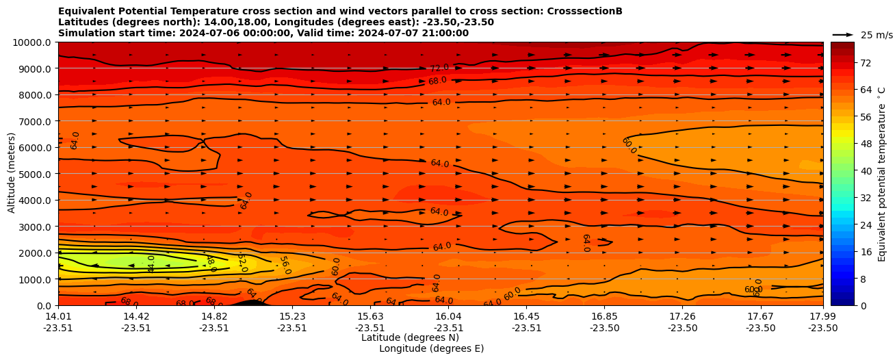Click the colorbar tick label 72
point(866,63)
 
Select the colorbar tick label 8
point(863,279)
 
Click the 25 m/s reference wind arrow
point(843,34)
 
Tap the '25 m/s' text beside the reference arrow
point(877,35)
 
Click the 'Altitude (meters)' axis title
point(12,174)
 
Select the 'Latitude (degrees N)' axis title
point(410,337)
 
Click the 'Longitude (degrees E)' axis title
point(431,348)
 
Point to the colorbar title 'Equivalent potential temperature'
point(882,174)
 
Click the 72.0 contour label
point(439,68)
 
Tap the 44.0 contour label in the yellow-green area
point(151,263)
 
